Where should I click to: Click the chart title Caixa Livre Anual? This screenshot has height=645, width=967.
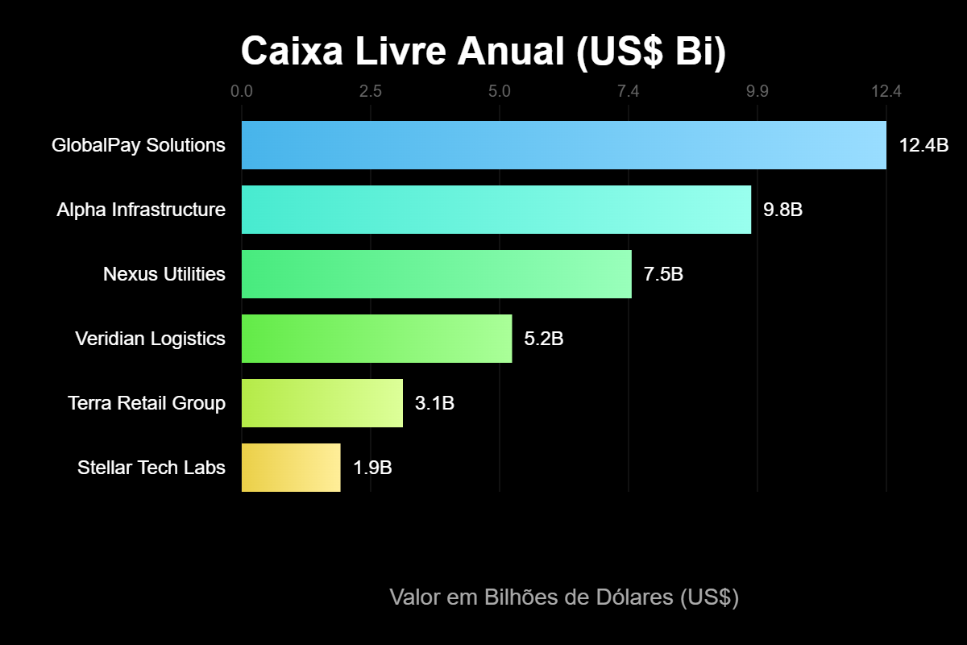pos(483,52)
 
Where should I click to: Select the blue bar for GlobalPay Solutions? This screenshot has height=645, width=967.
pos(563,145)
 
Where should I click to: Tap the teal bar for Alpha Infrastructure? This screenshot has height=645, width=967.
pos(496,210)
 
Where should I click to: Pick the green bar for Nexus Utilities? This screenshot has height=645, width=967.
pos(436,274)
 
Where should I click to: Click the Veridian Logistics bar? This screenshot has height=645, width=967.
pos(376,339)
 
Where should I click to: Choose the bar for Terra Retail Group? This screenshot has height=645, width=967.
pos(322,403)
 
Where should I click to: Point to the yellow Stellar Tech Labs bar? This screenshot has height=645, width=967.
pos(291,468)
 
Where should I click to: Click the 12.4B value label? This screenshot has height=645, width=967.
pos(923,146)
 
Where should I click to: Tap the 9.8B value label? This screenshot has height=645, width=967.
pos(782,210)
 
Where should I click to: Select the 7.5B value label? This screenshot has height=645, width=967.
pos(663,275)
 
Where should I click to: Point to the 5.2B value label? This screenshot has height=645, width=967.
pos(544,339)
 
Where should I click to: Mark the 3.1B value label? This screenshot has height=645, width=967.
pos(434,404)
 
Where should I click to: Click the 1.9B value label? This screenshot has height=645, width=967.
pos(372,468)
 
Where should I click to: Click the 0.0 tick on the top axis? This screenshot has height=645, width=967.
pos(242,91)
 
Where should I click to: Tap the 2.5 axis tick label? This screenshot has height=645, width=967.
pos(371,91)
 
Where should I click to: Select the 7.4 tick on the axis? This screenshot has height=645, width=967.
pos(629,91)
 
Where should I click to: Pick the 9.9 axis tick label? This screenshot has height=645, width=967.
pos(757,91)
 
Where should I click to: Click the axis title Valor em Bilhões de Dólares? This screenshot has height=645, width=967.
pos(564,597)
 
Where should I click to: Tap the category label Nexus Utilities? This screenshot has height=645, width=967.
pos(164,274)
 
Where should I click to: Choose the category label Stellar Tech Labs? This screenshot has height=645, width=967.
pos(151,468)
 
